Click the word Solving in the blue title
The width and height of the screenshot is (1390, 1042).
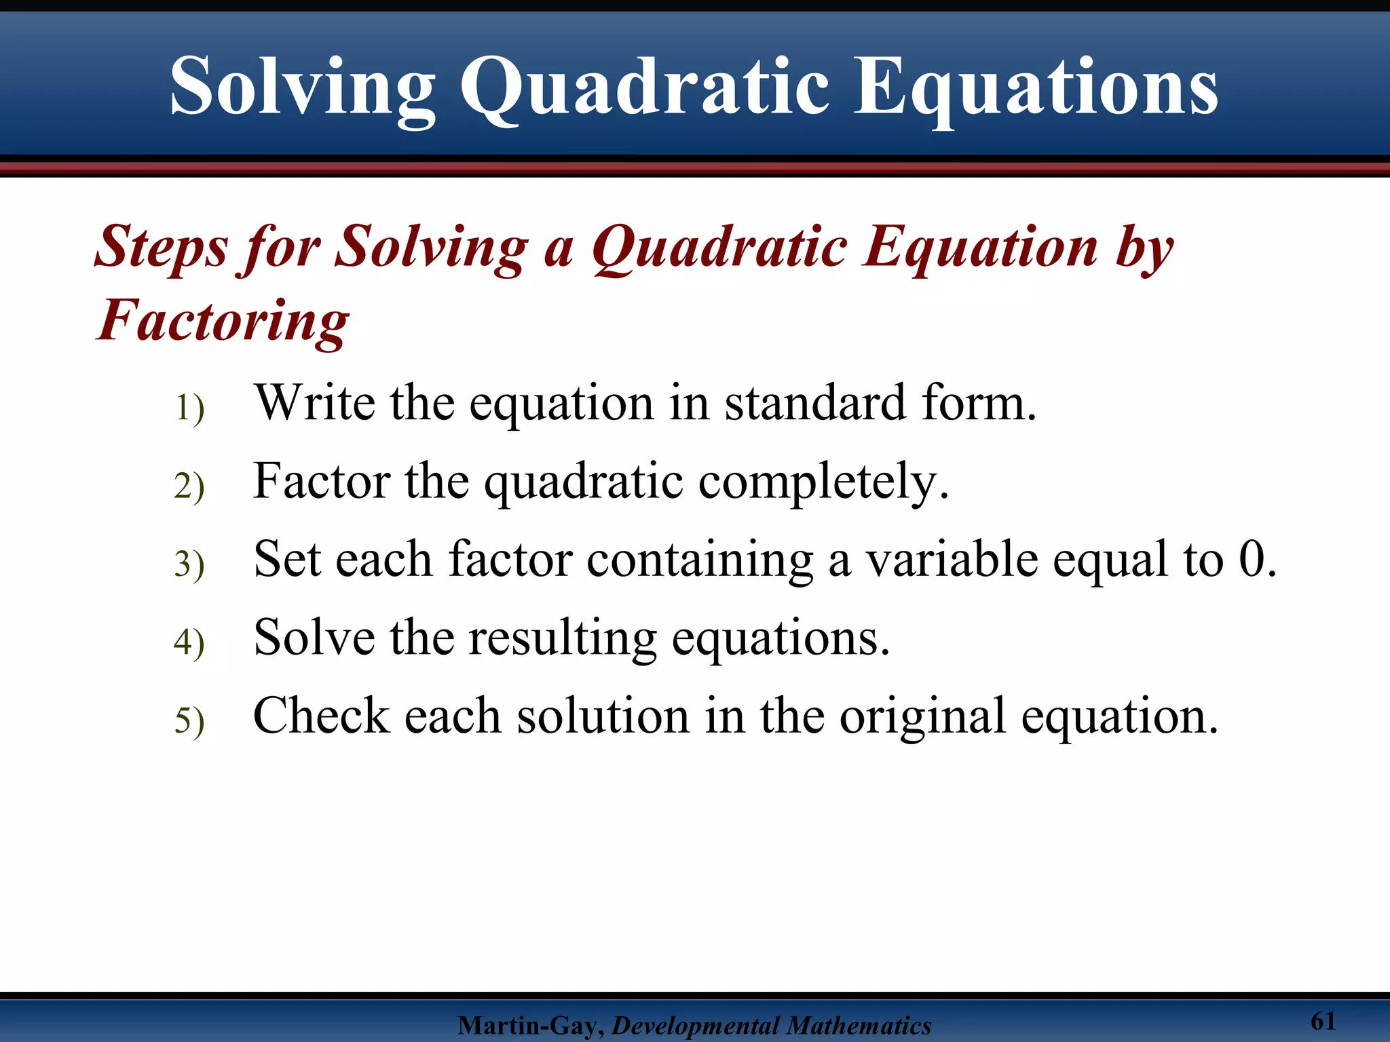coord(303,88)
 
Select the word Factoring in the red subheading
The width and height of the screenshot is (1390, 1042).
coord(223,321)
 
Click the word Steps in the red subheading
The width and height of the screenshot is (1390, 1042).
coord(161,247)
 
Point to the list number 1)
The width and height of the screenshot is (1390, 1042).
coord(189,408)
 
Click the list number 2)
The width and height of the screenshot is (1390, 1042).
coord(189,486)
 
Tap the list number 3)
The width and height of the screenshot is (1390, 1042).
coord(189,564)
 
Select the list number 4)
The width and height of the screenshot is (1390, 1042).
coord(189,642)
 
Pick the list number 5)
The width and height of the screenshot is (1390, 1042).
coord(189,720)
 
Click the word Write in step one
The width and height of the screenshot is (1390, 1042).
coord(314,403)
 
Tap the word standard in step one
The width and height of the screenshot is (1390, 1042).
coord(814,403)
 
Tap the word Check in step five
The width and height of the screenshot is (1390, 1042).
coord(321,716)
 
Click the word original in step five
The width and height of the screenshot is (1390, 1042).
coord(922,717)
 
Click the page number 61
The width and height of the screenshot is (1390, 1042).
coord(1323,1021)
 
